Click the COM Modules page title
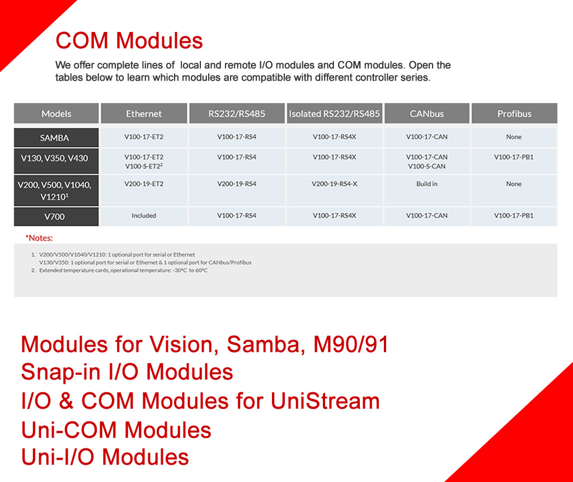coord(129,40)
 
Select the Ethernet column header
coord(144,113)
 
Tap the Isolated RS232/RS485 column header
coord(335,113)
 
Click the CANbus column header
coord(427,113)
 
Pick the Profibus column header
coord(514,113)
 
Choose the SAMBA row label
coord(54,138)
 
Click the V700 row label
coord(54,217)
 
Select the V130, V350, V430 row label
coord(54,158)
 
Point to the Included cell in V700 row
coord(144,216)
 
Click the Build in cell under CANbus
coord(427,184)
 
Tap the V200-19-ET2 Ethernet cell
coord(144,184)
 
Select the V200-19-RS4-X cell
coord(335,184)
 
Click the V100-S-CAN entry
coord(427,166)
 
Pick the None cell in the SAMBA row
coord(514,137)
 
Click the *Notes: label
coord(39,238)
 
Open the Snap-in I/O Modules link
coord(127,372)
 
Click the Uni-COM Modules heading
coord(116,430)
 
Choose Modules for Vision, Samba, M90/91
coord(205,344)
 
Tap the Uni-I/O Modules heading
coord(105,457)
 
